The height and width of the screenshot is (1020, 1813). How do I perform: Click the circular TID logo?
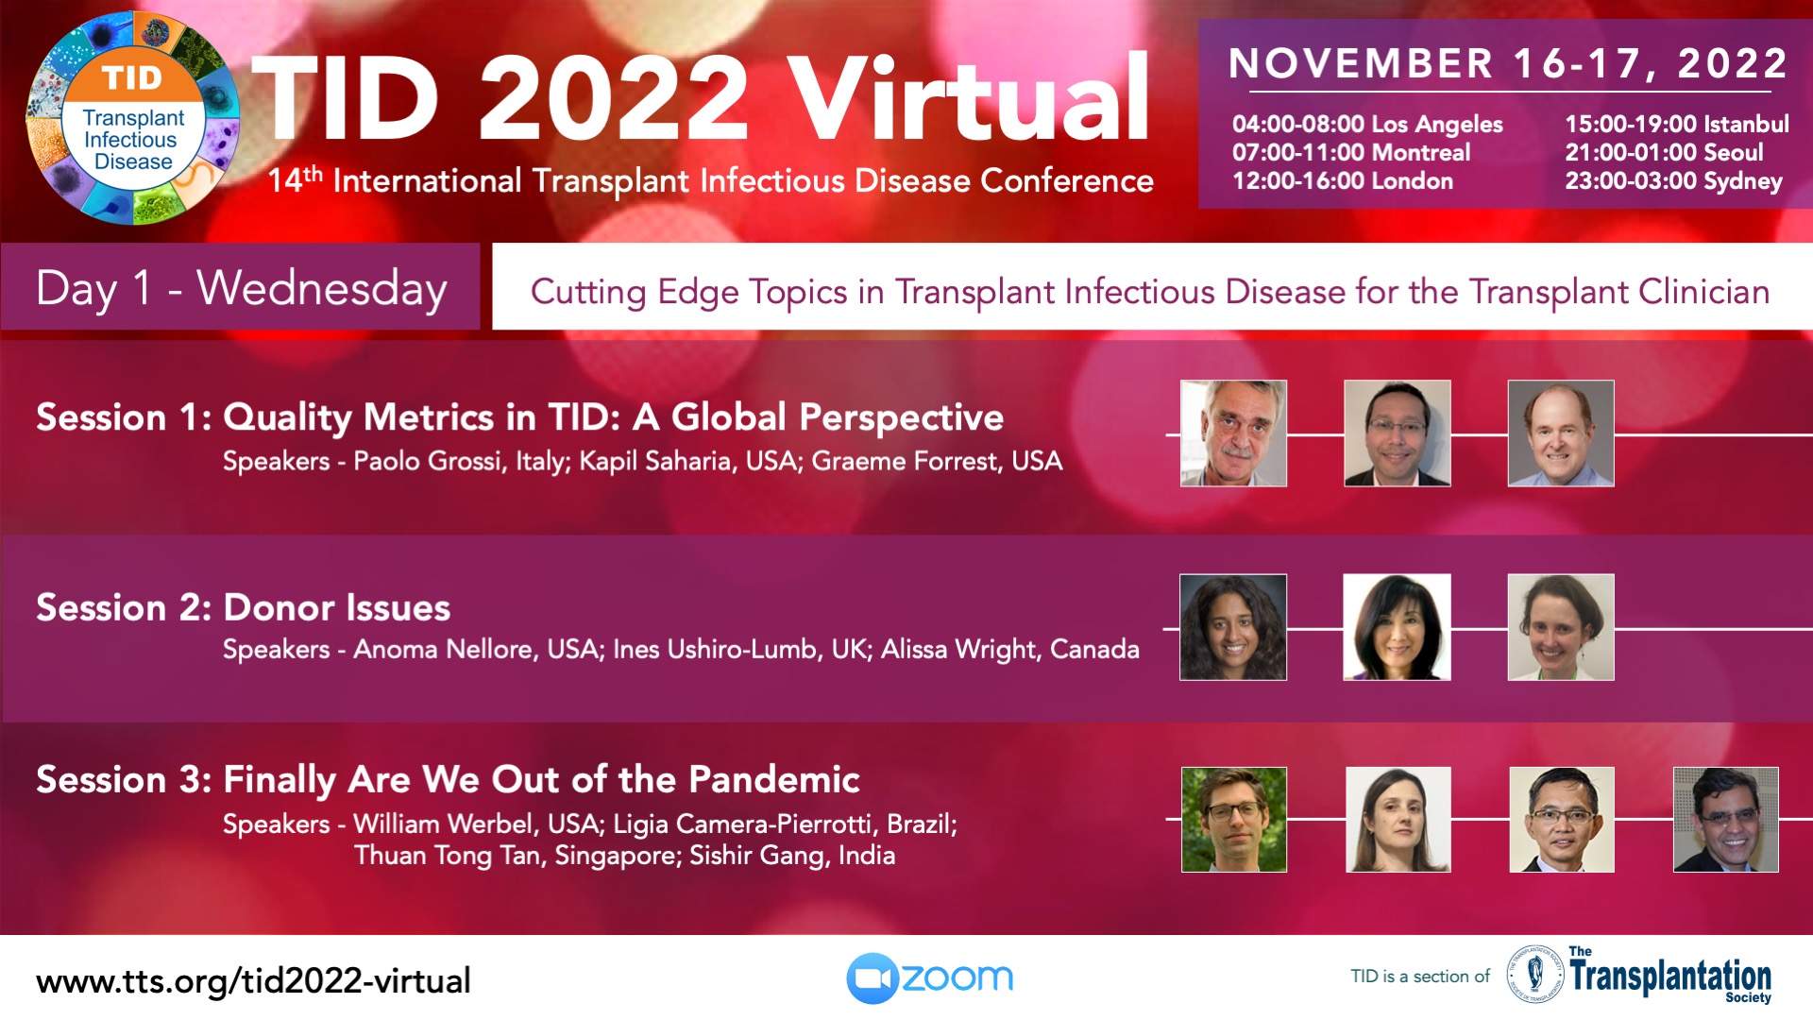point(133,118)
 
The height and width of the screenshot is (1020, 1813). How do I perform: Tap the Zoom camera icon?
point(872,978)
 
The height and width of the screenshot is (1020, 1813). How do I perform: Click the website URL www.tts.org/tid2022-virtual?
point(253,981)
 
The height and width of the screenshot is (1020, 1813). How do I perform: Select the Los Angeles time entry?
point(1367,125)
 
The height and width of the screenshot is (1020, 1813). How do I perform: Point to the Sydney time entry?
point(1673,181)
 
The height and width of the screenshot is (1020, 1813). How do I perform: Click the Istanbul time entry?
point(1677,124)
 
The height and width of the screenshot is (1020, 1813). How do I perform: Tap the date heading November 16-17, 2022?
point(1508,63)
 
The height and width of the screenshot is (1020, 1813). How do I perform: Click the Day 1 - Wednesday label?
point(241,288)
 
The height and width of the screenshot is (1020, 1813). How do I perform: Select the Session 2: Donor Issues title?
point(243,607)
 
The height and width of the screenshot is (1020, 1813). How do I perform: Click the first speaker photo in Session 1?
point(1233,433)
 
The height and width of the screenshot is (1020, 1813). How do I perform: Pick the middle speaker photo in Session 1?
point(1398,433)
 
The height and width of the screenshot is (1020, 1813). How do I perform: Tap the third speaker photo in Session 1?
point(1561,433)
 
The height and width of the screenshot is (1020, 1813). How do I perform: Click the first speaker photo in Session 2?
point(1233,627)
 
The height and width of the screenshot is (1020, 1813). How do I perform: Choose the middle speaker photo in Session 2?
point(1398,627)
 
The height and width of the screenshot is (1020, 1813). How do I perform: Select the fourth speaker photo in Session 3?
point(1726,820)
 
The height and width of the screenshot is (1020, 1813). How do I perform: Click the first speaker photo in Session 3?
point(1234,820)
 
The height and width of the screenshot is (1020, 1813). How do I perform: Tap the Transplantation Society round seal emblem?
point(1535,974)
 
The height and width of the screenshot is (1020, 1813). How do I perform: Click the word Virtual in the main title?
point(969,97)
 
